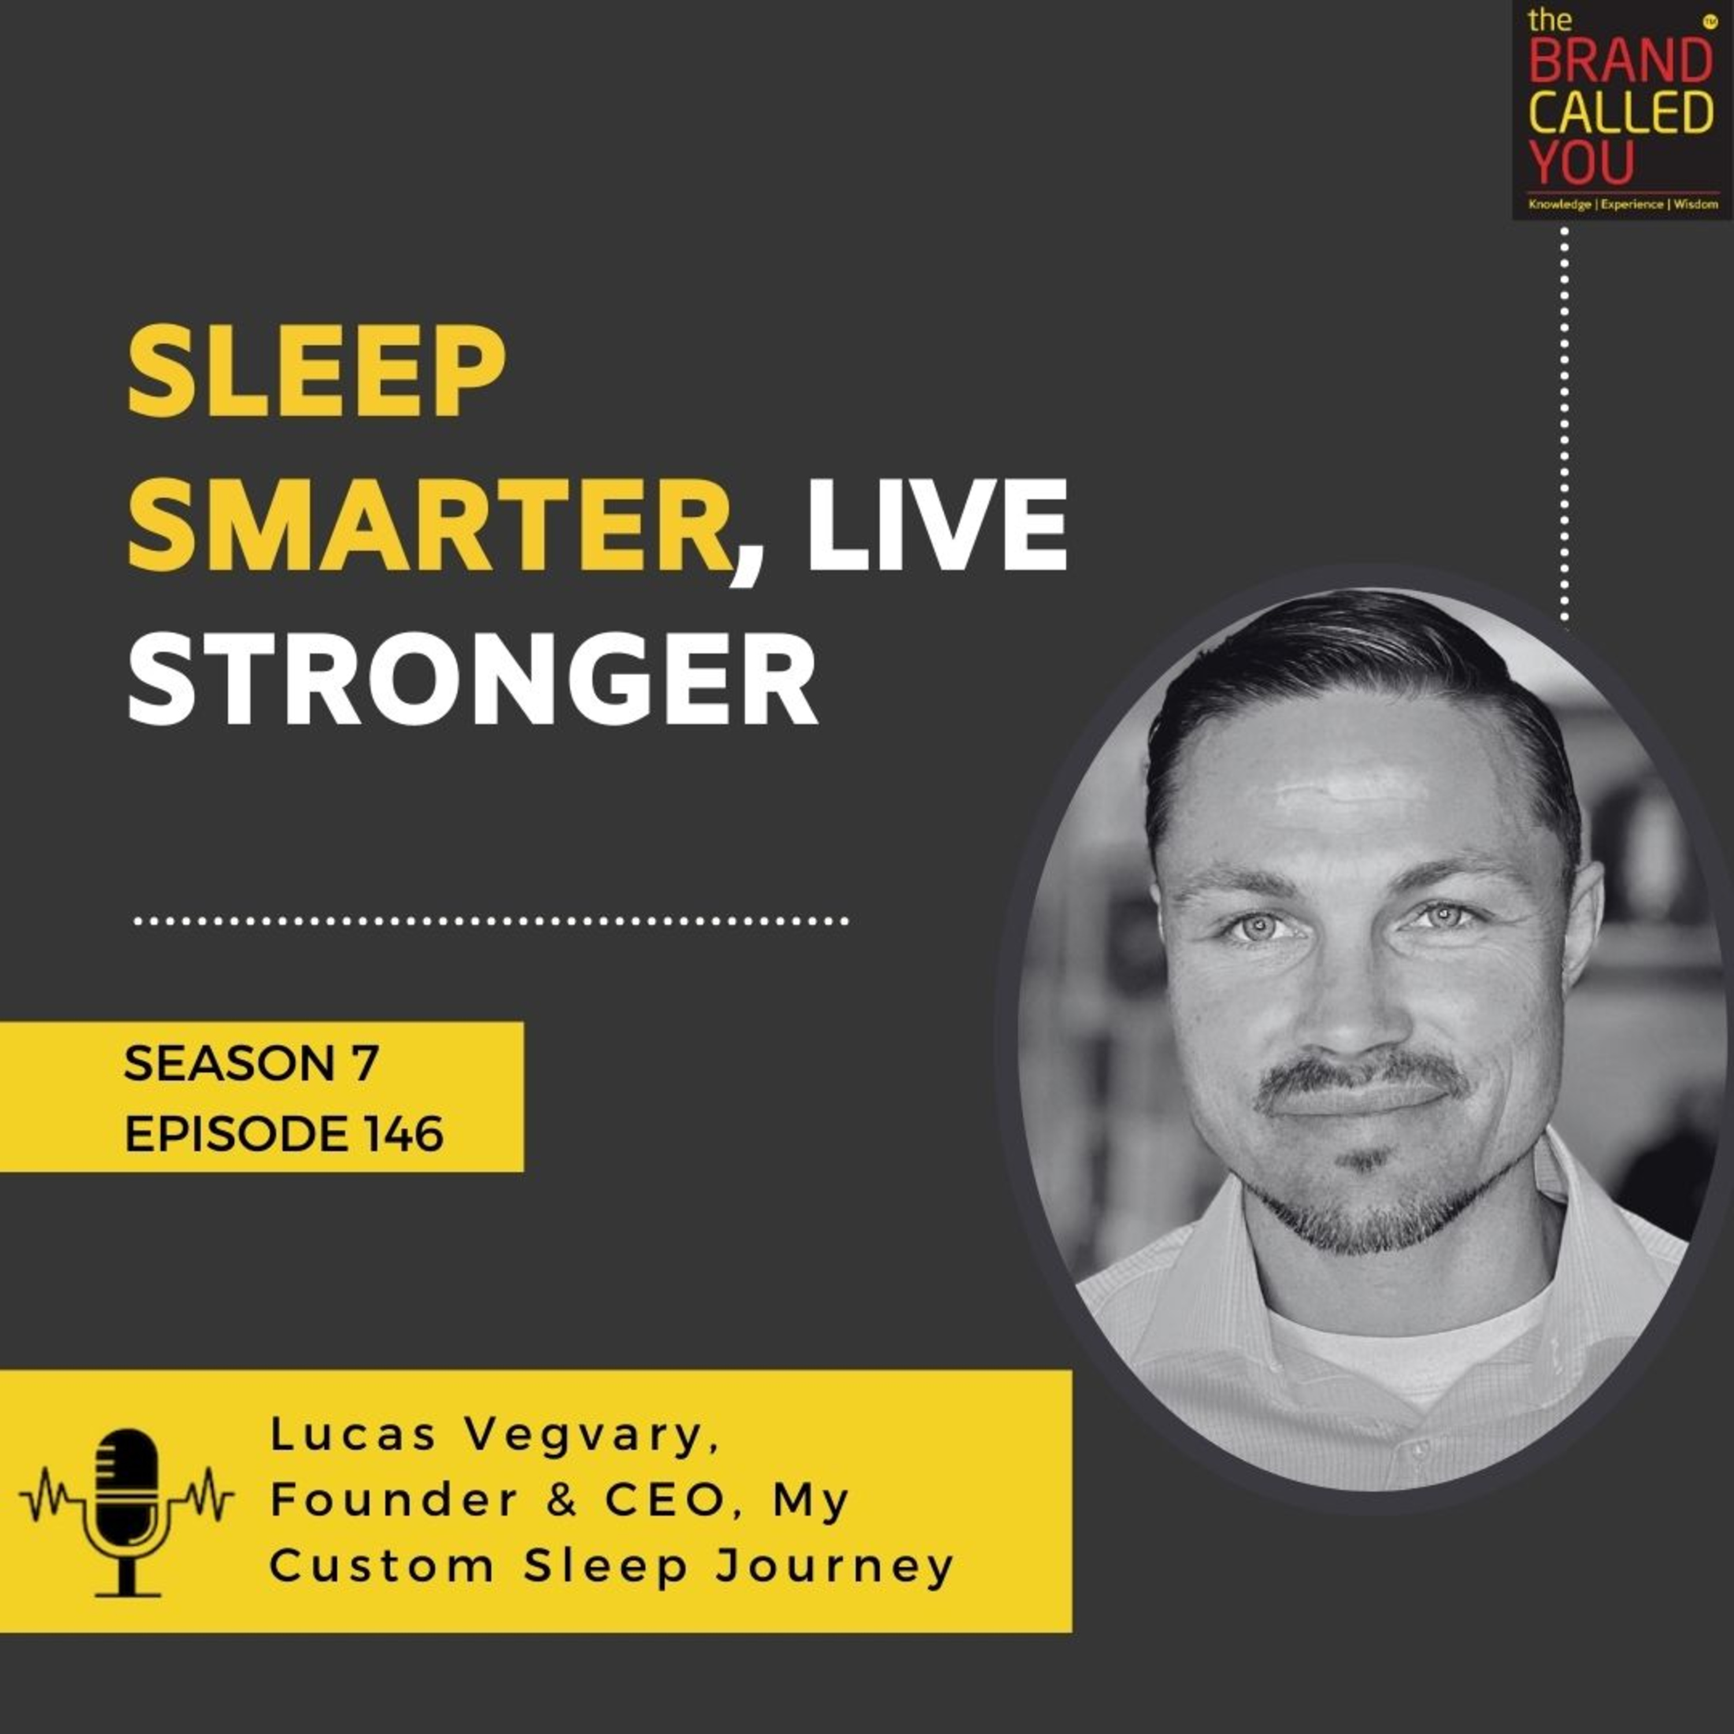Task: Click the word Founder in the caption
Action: pos(395,1500)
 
